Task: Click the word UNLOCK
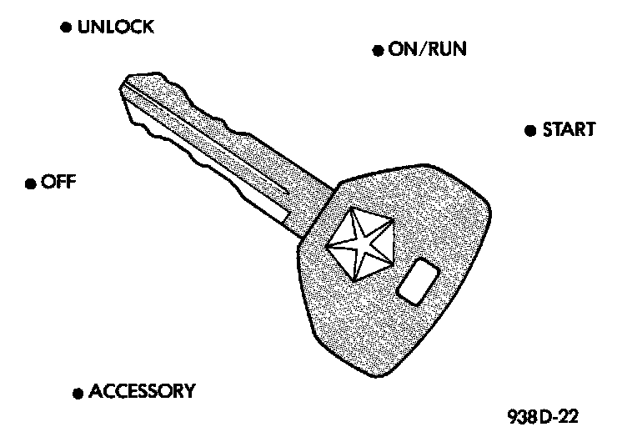point(115,28)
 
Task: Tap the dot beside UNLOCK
point(65,28)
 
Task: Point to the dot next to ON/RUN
point(377,50)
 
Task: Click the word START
point(569,130)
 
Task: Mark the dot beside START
point(529,130)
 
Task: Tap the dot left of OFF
point(30,183)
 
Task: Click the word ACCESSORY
point(142,390)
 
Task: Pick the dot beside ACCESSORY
point(78,392)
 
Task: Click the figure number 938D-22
point(542,415)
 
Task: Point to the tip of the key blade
point(127,82)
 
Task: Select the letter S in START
point(548,130)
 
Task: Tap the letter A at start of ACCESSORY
point(95,390)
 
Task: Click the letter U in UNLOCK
point(83,28)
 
